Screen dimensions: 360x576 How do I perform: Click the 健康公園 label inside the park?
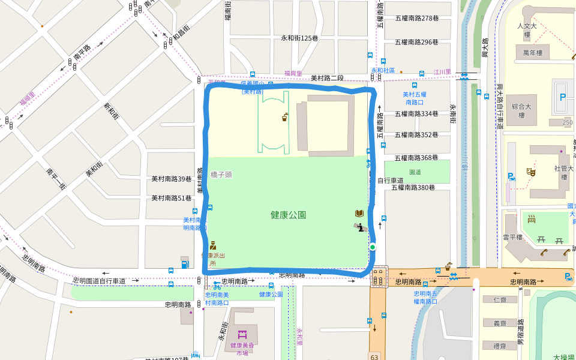pos(288,215)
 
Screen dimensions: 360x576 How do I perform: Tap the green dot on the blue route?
pos(373,247)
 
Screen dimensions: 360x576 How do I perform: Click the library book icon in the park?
pos(359,214)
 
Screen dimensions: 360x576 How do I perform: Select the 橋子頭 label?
pos(221,175)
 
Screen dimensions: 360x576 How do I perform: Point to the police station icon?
pos(212,245)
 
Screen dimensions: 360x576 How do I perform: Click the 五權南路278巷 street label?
pos(416,19)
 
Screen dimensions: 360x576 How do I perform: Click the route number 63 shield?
pos(374,356)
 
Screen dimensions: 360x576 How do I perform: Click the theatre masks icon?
pos(530,172)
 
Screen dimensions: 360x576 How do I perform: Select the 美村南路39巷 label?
pos(171,179)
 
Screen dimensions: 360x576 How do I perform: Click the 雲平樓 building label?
pos(514,237)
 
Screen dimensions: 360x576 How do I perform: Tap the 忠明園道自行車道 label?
pos(100,281)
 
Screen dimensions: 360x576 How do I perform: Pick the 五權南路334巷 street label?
pos(416,114)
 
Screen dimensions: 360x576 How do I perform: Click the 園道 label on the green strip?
pos(415,172)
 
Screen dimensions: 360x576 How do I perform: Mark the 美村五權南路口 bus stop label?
pos(414,98)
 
